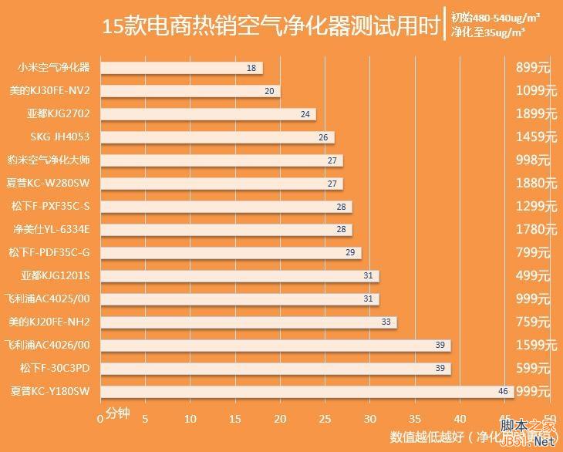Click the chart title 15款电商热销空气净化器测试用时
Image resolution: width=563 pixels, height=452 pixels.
coord(271,28)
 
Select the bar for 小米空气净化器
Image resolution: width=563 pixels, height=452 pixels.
coord(181,68)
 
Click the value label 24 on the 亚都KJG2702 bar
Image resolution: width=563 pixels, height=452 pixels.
coord(305,114)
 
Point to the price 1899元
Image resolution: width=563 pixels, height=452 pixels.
coord(536,114)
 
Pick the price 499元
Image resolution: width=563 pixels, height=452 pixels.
coord(533,275)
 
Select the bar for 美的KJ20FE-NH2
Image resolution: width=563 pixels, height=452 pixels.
coord(248,322)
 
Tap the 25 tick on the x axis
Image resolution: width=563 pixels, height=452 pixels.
coord(325,418)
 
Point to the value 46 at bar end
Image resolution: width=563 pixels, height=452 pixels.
coord(503,391)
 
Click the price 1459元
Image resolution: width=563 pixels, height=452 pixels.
coord(536,137)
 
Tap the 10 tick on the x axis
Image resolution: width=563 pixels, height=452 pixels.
coord(190,418)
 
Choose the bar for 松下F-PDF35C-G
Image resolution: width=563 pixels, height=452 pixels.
coord(231,252)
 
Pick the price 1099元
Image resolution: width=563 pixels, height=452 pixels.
coord(536,91)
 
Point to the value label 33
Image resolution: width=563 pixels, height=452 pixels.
coord(386,322)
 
